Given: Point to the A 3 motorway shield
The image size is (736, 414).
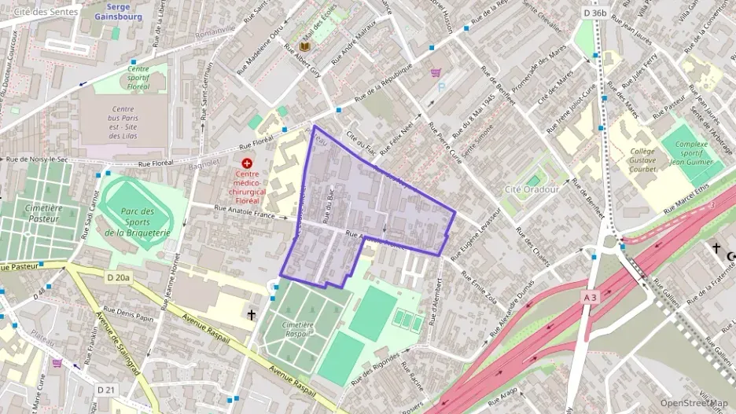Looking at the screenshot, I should click(x=591, y=297).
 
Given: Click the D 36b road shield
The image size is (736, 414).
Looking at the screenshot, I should click(x=595, y=13).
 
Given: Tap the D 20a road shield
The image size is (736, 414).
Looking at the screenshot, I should click(x=119, y=278).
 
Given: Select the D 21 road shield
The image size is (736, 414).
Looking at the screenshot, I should click(x=107, y=390).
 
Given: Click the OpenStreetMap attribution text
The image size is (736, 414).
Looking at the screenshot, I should click(x=694, y=403).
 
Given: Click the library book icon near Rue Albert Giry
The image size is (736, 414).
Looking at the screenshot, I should click(x=303, y=47).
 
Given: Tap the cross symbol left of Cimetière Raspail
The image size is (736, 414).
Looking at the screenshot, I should click(x=252, y=314).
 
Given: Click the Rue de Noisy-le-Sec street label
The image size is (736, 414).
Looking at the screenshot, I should click(x=39, y=159).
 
